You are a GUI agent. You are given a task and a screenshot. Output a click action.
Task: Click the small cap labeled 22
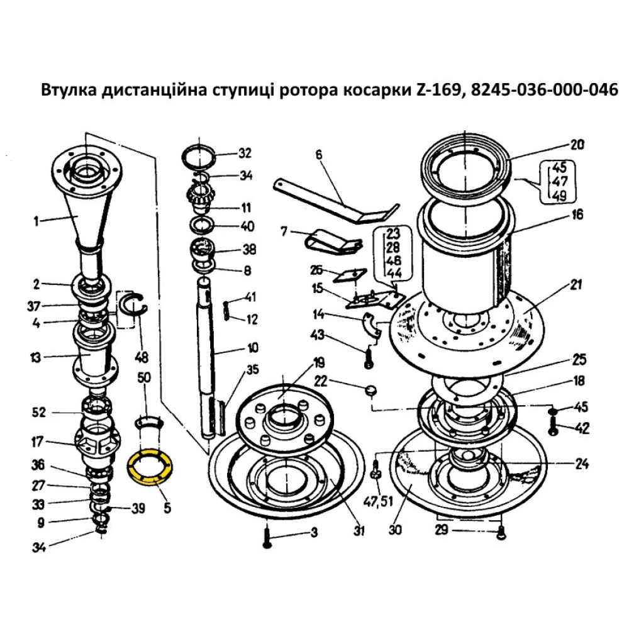pyautogui.click(x=369, y=390)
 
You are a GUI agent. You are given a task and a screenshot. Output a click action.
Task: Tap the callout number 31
pyautogui.click(x=358, y=531)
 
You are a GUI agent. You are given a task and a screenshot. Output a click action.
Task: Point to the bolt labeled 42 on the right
pyautogui.click(x=553, y=430)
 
